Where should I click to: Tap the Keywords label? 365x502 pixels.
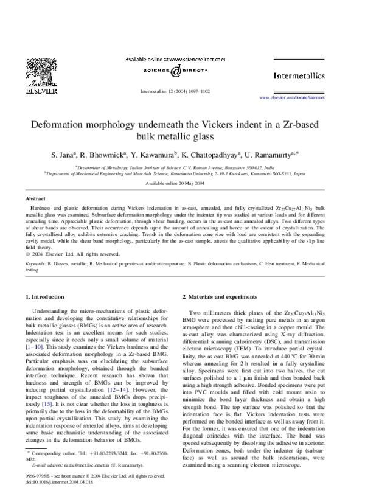click(37, 263)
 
